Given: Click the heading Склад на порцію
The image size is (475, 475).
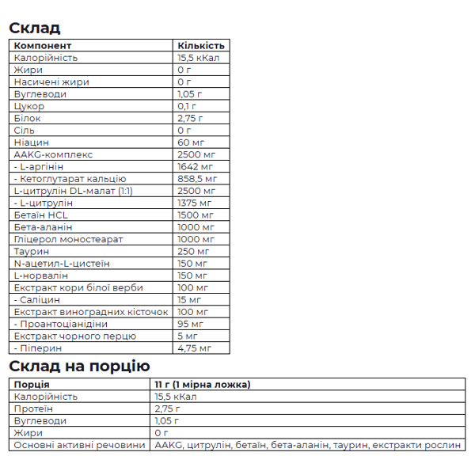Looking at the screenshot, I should click(79, 366).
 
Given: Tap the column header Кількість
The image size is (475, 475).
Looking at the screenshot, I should click(201, 46).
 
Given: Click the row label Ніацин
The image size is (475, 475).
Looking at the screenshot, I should click(32, 142).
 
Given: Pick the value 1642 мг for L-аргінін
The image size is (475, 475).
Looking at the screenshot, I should click(196, 167).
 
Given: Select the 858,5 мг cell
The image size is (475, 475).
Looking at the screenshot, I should click(199, 179).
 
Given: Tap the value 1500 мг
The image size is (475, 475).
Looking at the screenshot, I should click(196, 215).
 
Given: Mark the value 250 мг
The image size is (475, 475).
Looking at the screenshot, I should click(194, 252).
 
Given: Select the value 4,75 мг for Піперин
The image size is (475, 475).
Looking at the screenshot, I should click(195, 348).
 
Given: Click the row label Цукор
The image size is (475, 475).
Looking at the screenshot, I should click(29, 106).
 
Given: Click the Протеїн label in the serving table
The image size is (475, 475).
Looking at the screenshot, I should click(34, 408).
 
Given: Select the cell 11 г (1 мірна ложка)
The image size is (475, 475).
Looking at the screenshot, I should click(203, 385).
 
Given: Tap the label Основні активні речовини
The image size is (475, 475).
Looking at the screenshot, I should click(80, 445).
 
